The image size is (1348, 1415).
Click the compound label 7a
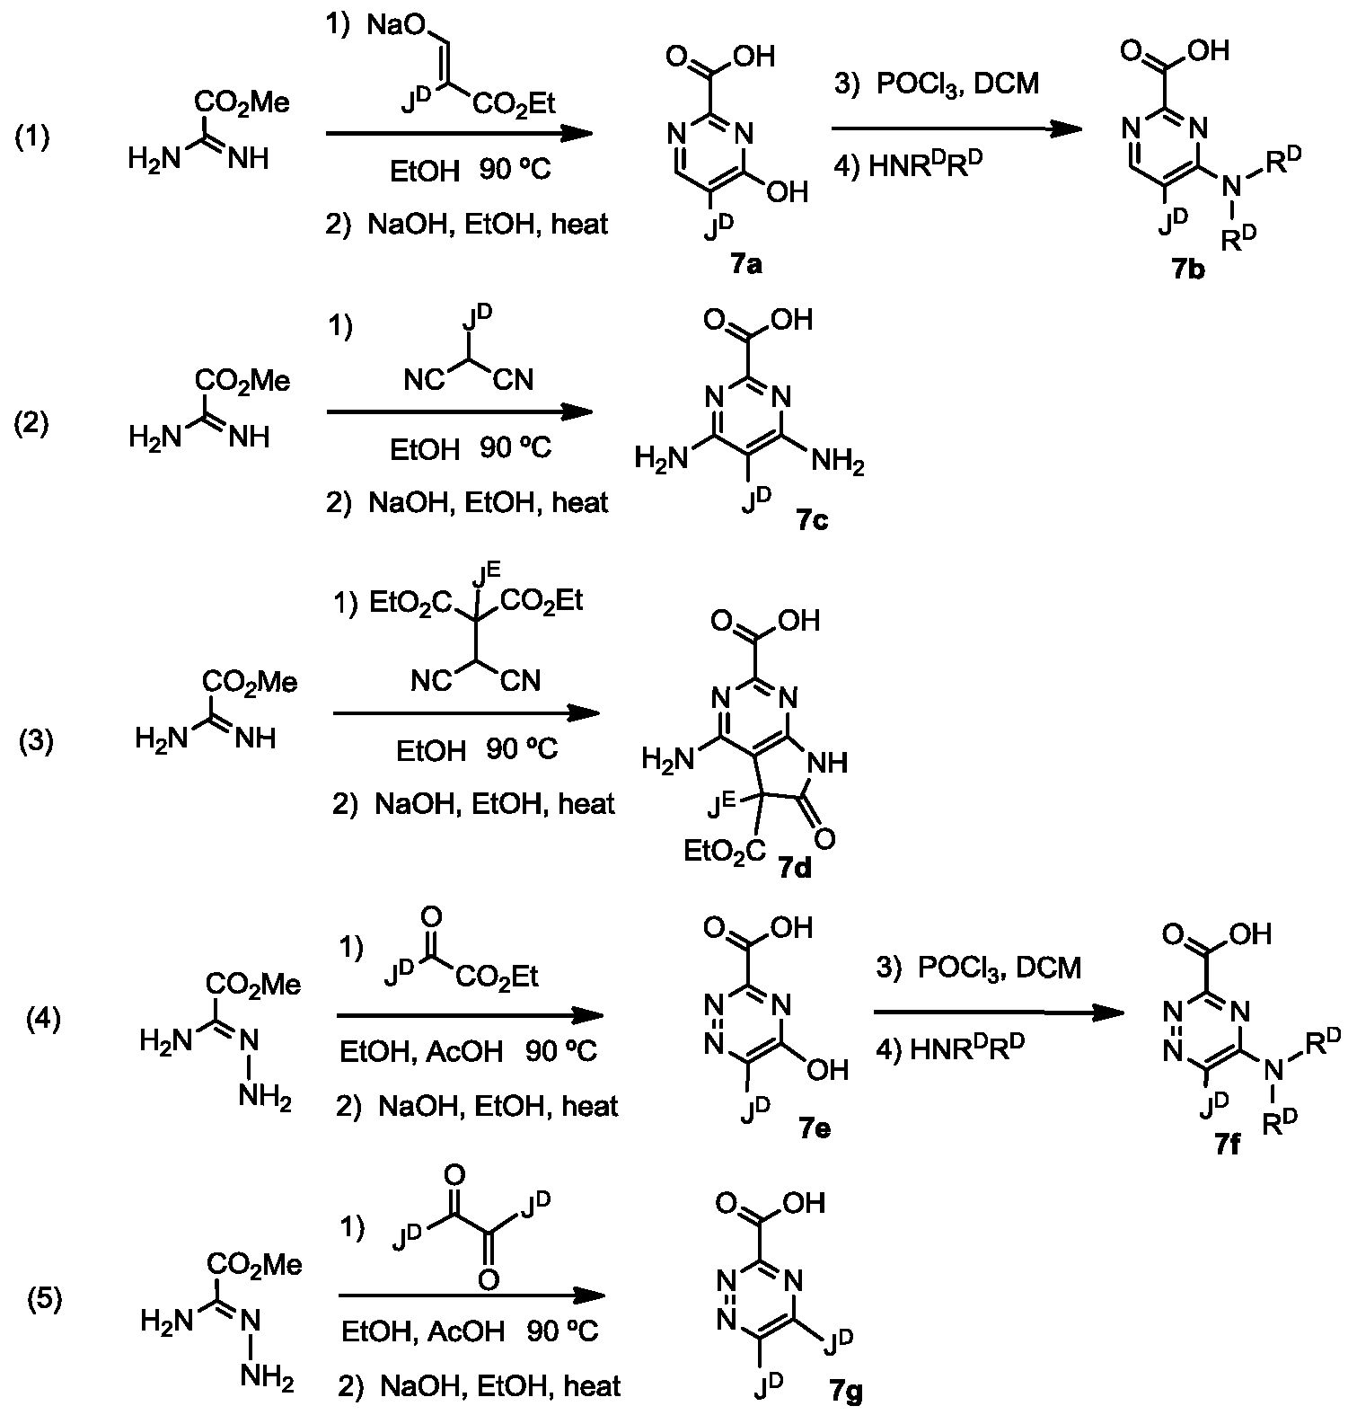[745, 266]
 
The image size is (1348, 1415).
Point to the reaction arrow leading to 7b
[956, 130]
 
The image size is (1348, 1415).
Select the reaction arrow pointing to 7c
[459, 413]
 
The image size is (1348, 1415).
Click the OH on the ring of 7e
[827, 1069]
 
